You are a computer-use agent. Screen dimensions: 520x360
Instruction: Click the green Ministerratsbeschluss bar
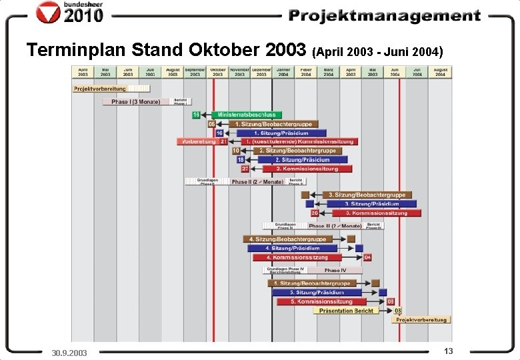click(x=247, y=115)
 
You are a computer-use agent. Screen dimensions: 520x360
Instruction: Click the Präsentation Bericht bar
click(x=345, y=311)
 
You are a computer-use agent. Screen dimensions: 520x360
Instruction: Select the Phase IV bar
click(x=335, y=270)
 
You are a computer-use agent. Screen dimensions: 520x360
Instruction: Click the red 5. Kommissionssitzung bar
click(x=331, y=301)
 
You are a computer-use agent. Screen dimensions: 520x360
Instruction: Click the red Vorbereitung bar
click(x=197, y=141)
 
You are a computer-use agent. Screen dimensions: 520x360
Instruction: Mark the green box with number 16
click(x=196, y=115)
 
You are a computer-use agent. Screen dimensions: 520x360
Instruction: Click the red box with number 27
click(x=245, y=169)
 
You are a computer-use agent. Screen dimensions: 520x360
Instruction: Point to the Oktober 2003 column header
click(x=217, y=72)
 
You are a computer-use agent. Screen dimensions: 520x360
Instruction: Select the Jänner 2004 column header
click(x=283, y=72)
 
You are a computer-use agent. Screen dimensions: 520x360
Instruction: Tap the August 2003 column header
click(x=172, y=72)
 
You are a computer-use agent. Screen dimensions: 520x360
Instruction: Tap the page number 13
click(x=448, y=351)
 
